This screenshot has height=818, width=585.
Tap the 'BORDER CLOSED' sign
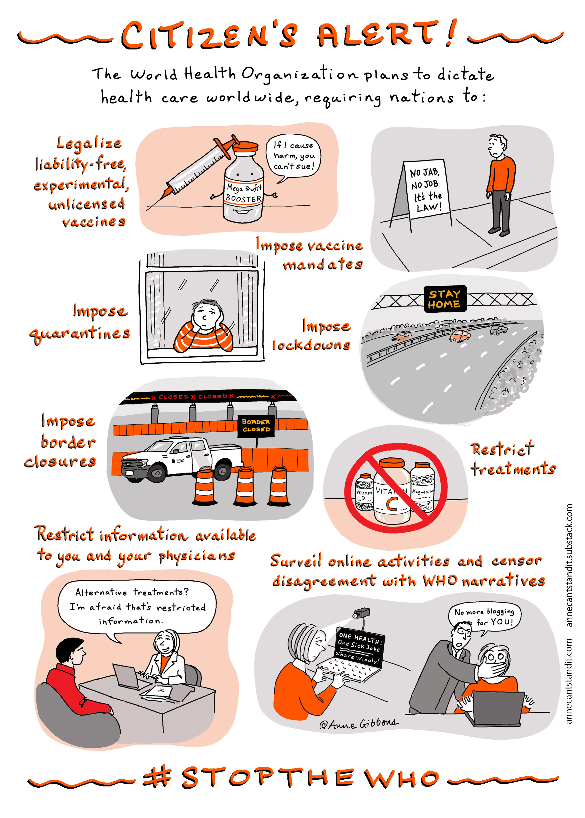point(256,426)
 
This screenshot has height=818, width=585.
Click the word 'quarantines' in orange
point(80,334)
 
